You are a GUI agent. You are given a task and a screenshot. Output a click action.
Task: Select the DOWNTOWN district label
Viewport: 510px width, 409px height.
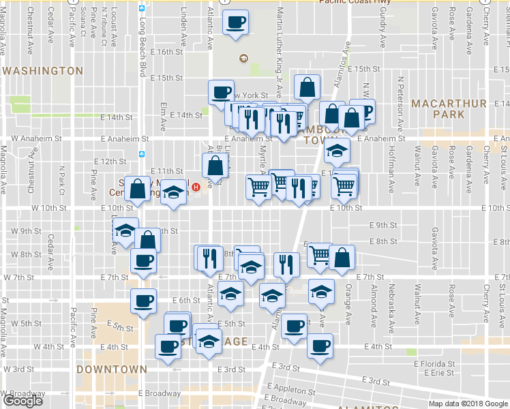tap(111, 369)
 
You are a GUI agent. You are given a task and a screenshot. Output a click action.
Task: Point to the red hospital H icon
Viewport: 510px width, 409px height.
tap(196, 187)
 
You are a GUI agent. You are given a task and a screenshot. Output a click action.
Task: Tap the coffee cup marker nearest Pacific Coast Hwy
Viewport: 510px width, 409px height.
tap(235, 22)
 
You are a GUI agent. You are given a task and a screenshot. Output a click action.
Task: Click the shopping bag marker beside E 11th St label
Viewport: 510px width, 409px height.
tap(215, 166)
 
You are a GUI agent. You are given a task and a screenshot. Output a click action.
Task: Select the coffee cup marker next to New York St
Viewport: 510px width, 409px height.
tap(222, 92)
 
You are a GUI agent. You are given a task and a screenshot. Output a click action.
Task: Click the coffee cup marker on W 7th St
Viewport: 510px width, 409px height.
tap(143, 261)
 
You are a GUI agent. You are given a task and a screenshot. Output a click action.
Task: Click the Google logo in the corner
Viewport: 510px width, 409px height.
tap(22, 401)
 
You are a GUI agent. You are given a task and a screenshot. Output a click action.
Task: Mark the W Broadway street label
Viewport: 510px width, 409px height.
tap(22, 394)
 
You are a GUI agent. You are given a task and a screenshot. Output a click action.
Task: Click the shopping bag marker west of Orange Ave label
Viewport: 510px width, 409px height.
tap(342, 257)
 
